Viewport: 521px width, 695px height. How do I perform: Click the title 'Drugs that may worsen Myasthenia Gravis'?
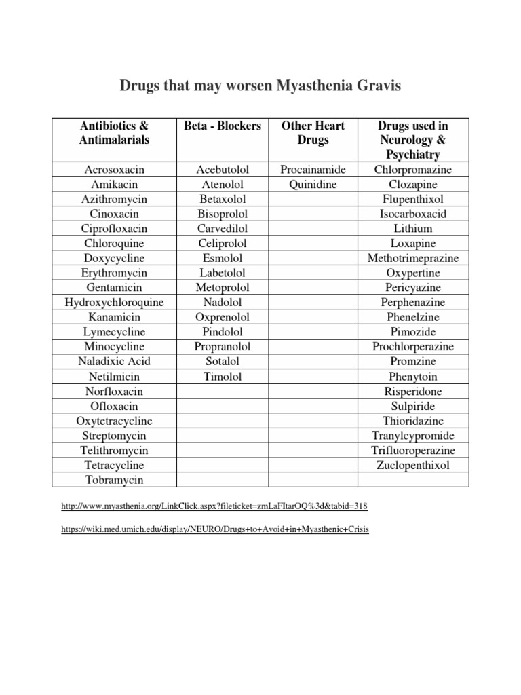pos(260,86)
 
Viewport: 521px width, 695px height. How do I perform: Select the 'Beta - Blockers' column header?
pos(223,126)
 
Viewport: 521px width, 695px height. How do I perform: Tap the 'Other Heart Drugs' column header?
pos(313,133)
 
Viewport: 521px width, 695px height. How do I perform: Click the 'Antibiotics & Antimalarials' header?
pos(115,133)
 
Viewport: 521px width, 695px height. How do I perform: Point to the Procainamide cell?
pos(313,170)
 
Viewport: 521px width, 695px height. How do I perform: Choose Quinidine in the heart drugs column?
pos(313,185)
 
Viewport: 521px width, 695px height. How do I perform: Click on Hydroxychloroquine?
pos(115,303)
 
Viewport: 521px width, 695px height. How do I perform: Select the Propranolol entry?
pos(223,347)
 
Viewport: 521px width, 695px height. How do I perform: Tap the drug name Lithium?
pos(413,229)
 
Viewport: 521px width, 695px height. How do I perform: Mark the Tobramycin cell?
pos(115,480)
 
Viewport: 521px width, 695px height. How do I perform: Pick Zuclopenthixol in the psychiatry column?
pos(413,465)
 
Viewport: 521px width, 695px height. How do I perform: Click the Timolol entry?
pos(223,377)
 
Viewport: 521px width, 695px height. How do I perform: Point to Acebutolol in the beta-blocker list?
pos(223,170)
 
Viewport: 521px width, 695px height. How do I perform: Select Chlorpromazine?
pos(413,170)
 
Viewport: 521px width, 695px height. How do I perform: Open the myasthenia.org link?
pos(214,507)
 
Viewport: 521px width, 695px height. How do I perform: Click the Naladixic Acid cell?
pos(115,362)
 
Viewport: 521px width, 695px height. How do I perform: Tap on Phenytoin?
pos(413,377)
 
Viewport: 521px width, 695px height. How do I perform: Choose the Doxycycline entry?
pos(115,259)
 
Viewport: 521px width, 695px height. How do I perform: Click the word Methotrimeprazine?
pos(413,259)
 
